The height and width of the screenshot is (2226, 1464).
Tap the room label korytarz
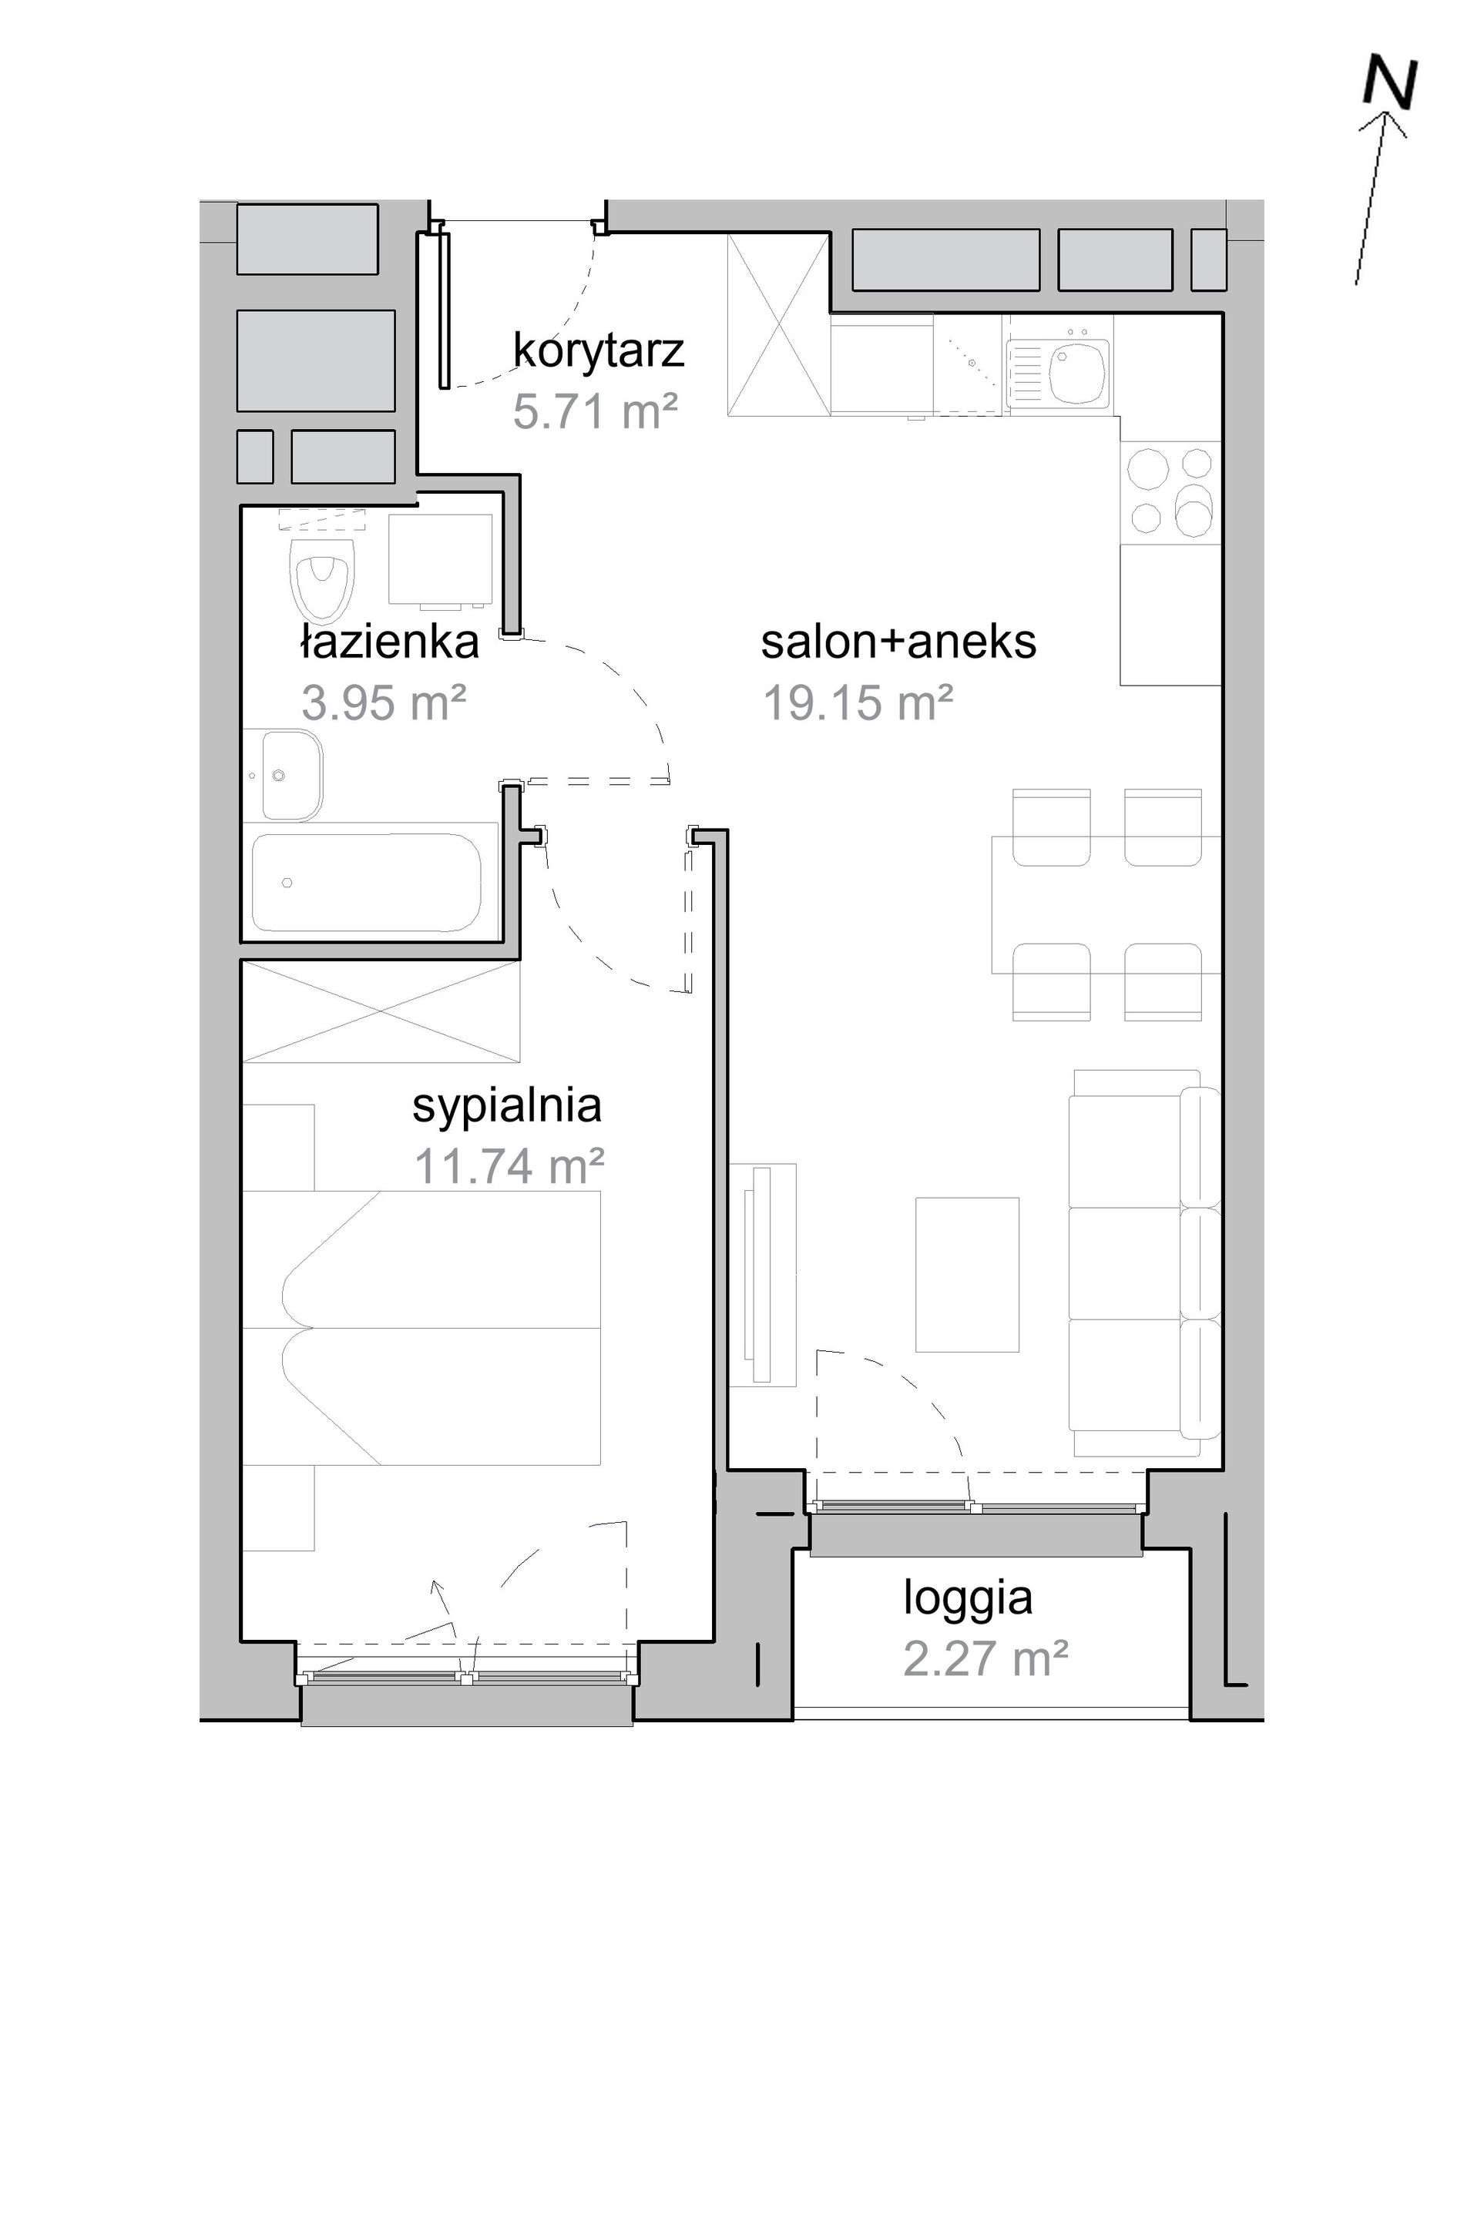pos(599,350)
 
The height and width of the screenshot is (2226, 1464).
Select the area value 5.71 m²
pos(595,411)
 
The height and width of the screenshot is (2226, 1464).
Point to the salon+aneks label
pos(898,642)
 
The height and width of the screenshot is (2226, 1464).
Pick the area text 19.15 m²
pos(858,702)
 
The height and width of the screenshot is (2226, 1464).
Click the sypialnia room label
pos(507,1106)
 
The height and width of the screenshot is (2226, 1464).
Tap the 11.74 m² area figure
pos(509,1166)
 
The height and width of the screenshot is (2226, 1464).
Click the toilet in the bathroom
pos(323,572)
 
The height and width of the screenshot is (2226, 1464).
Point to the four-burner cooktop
pos(1170,492)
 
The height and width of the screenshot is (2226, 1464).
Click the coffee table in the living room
pos(966,1274)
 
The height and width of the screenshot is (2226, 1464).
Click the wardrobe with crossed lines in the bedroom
pos(381,1011)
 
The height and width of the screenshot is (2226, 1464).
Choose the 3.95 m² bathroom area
pos(384,702)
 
